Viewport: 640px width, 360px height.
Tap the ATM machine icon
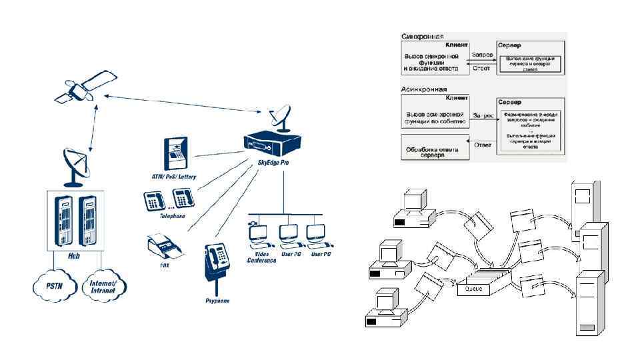point(175,154)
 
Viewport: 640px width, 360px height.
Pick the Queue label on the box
point(473,289)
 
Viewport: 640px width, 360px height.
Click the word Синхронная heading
point(423,36)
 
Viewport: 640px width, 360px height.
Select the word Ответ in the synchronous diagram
point(481,68)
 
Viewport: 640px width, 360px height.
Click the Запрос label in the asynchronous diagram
point(483,115)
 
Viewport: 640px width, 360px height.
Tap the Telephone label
point(171,217)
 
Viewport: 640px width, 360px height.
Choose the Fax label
point(165,266)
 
